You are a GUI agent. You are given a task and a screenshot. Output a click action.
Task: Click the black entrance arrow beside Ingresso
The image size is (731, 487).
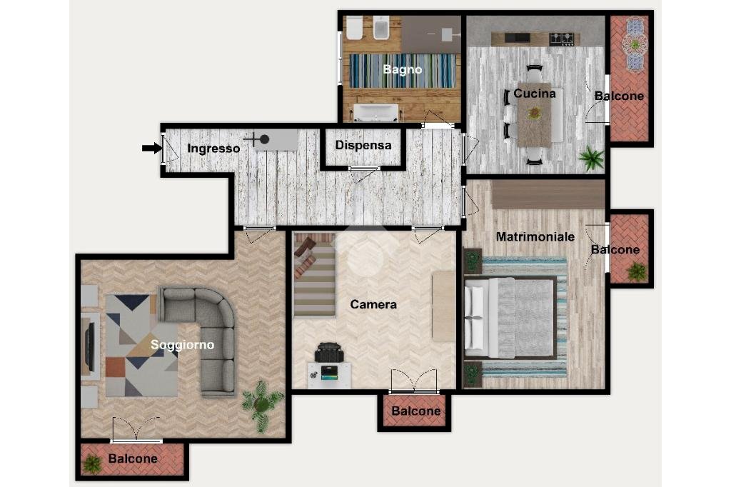(151, 149)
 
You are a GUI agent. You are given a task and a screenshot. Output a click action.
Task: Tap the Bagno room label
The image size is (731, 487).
(403, 69)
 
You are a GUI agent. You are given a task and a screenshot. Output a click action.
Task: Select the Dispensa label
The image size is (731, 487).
(363, 145)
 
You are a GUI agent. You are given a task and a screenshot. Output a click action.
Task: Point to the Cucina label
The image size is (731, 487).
(534, 94)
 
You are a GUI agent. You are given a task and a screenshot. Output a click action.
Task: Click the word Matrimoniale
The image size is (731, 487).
(535, 236)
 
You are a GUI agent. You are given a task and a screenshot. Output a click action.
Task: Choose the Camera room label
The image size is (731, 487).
(373, 305)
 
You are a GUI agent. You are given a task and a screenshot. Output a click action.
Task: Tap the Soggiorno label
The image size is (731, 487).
(182, 345)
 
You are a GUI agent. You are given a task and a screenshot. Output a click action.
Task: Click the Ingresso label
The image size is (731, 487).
(213, 149)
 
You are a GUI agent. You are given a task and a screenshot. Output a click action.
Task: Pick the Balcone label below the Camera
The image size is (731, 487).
(416, 411)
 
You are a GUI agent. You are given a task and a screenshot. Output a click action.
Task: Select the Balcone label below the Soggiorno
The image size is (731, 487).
(133, 458)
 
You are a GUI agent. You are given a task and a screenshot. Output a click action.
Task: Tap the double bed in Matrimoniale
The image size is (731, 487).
(510, 318)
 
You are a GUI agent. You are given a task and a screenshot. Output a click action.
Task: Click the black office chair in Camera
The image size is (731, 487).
(329, 353)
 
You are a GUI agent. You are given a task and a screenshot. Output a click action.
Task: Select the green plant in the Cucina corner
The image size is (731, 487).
(591, 158)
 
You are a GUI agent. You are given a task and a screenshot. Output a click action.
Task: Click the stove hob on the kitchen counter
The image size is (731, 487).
(562, 39)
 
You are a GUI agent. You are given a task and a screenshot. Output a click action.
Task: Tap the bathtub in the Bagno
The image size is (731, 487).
(376, 112)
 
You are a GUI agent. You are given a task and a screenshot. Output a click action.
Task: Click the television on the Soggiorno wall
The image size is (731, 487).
(89, 343)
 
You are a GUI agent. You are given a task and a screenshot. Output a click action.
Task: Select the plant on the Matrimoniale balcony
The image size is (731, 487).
(636, 271)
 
